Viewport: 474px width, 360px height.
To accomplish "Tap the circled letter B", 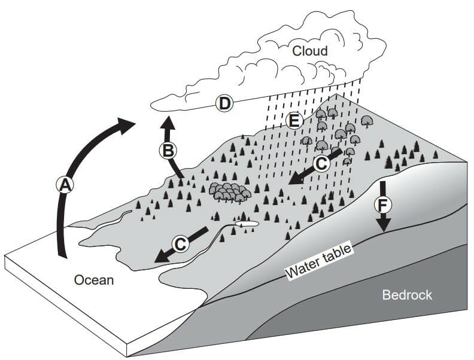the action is (168, 150).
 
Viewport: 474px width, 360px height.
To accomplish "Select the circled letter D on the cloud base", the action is (224, 103).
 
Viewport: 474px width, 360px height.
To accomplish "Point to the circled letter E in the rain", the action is (294, 121).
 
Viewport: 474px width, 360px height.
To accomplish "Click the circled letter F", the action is (382, 206).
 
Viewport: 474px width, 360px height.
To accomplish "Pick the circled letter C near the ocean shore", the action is (181, 243).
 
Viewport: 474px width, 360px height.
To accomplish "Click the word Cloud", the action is (310, 51).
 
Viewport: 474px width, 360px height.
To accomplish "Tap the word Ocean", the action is (94, 280).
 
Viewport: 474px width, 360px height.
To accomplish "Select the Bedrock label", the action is (407, 295).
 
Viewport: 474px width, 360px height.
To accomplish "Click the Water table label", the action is (318, 261).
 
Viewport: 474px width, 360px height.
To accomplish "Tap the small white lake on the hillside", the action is (247, 224).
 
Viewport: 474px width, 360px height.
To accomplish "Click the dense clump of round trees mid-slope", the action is (230, 192).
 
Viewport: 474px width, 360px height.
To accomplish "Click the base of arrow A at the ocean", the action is (62, 255).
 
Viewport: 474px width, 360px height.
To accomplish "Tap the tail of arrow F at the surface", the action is (383, 182).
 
